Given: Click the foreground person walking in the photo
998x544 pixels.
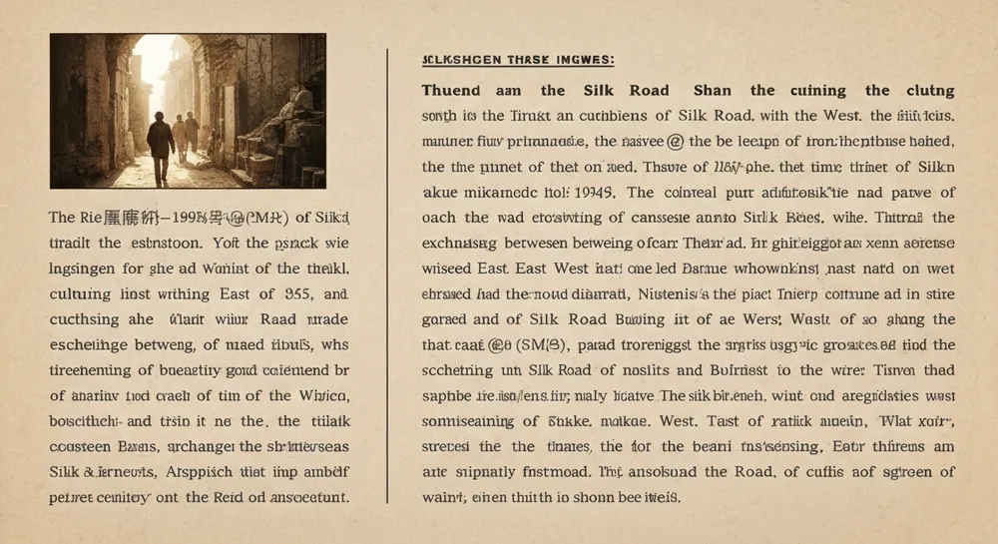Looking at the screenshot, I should (x=161, y=148).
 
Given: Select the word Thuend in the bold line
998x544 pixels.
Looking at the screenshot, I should (x=451, y=91).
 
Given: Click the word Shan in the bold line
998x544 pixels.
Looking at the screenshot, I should (x=713, y=91).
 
